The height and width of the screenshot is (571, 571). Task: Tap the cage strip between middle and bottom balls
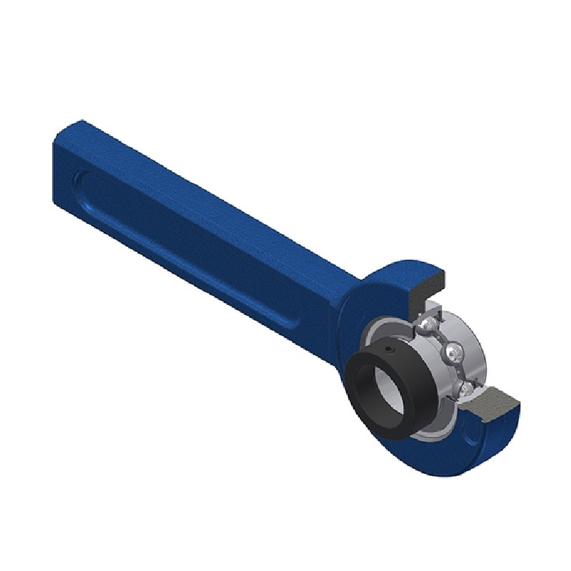[x=458, y=371]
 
